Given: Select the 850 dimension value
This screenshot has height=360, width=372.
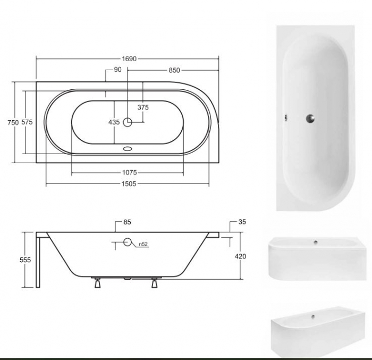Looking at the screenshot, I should pos(173,70).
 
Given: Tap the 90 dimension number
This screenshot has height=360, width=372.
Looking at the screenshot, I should pos(117,70).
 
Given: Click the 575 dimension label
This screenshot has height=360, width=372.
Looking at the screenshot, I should pos(28,122).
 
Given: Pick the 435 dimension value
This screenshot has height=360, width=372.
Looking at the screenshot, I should pos(114,122).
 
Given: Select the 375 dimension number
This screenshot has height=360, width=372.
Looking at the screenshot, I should pos(142,107).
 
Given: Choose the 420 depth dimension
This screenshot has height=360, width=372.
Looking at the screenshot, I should pos(240,256).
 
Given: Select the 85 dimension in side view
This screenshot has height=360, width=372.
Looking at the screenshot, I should pos(126,222).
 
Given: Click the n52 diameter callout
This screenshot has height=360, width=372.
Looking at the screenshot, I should pos(143,245).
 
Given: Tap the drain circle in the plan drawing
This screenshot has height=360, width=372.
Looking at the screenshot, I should pos(128,122).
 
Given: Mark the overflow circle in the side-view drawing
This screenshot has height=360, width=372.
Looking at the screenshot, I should pos(127,243).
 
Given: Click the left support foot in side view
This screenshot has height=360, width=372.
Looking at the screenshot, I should pos(97,283).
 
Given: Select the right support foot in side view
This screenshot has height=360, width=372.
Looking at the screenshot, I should pos(154,283).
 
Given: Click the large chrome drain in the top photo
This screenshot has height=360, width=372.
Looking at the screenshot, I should pos(309,118).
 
